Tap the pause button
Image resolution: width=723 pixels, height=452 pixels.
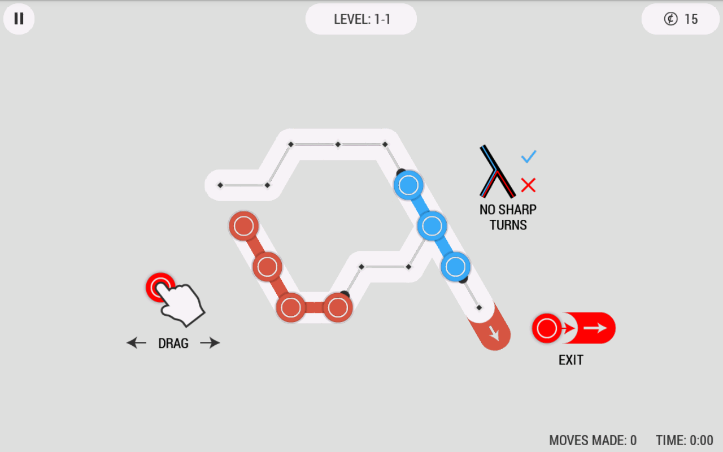(x=19, y=19)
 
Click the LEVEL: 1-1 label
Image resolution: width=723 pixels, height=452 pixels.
(x=361, y=19)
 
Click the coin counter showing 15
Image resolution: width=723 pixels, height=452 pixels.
(x=681, y=19)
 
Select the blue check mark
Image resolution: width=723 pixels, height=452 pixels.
(x=529, y=157)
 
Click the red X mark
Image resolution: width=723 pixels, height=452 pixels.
(x=528, y=185)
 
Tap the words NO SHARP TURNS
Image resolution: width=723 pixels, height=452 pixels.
(x=508, y=217)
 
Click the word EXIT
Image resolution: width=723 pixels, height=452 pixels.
(x=570, y=360)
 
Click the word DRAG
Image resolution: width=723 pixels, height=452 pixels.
(x=173, y=343)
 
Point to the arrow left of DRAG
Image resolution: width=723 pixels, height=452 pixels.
(x=136, y=342)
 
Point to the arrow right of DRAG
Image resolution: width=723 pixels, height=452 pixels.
(x=210, y=342)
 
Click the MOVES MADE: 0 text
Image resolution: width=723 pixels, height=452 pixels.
(x=593, y=440)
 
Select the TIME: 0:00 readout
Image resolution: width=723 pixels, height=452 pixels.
(x=684, y=440)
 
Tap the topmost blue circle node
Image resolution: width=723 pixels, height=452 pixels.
(x=408, y=185)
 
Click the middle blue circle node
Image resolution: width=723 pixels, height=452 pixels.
(x=432, y=226)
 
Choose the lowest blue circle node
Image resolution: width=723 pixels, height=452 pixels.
(x=455, y=266)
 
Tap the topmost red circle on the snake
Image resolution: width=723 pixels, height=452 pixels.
(x=243, y=225)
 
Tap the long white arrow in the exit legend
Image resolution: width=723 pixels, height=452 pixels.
(x=595, y=328)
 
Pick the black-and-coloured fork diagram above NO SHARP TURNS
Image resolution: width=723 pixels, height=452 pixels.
(x=497, y=171)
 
